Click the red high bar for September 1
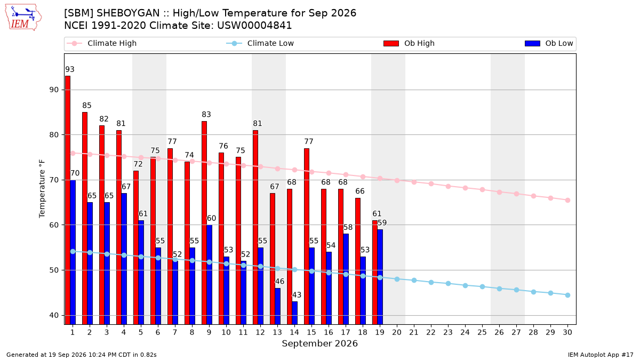pyautogui.click(x=68, y=200)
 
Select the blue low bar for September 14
pyautogui.click(x=294, y=313)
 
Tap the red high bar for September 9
pyautogui.click(x=204, y=223)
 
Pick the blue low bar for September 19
pyautogui.click(x=380, y=277)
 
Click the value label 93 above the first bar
pyautogui.click(x=70, y=69)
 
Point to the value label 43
pyautogui.click(x=297, y=295)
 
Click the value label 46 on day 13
pyautogui.click(x=279, y=282)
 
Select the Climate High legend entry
pyautogui.click(x=101, y=43)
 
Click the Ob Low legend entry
pyautogui.click(x=549, y=43)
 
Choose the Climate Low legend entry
pyautogui.click(x=260, y=43)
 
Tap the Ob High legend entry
pyautogui.click(x=409, y=43)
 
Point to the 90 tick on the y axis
pyautogui.click(x=54, y=90)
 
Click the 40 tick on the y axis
pyautogui.click(x=54, y=315)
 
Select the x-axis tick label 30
pyautogui.click(x=567, y=332)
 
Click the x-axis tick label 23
pyautogui.click(x=448, y=332)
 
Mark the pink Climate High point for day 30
pyautogui.click(x=567, y=201)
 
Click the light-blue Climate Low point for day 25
pyautogui.click(x=482, y=286)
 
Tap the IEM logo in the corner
pyautogui.click(x=23, y=18)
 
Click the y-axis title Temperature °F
pyautogui.click(x=42, y=189)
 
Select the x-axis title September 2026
pyautogui.click(x=319, y=343)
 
